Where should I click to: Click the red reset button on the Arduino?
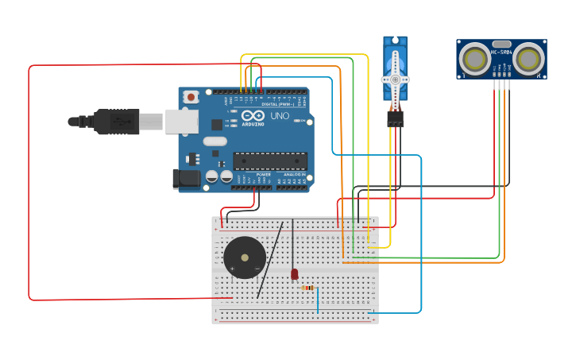(x=191, y=97)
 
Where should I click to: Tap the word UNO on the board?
(x=280, y=116)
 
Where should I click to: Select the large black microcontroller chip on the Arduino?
(x=270, y=161)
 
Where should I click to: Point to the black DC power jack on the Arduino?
(x=187, y=178)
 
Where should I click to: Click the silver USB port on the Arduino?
(x=181, y=122)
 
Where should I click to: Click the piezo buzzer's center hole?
(x=245, y=257)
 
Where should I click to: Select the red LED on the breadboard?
(x=294, y=274)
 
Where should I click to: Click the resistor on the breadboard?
(x=308, y=288)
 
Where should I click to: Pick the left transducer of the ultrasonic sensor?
(x=475, y=58)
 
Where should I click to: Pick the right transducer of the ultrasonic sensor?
(x=528, y=58)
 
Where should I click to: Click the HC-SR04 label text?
(x=502, y=52)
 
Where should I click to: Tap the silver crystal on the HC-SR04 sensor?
(x=501, y=44)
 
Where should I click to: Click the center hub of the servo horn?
(x=395, y=79)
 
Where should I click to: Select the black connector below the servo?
(x=395, y=118)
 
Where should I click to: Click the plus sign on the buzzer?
(x=232, y=269)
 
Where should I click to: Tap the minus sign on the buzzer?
(x=257, y=269)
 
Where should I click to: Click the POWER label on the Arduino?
(x=253, y=174)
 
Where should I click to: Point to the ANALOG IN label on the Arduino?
(x=294, y=174)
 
